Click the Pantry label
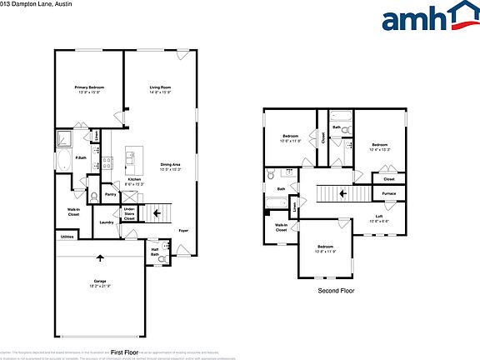click(x=110, y=194)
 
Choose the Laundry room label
click(x=106, y=222)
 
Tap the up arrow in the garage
click(x=100, y=257)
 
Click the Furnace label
click(x=389, y=193)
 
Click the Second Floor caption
click(x=337, y=290)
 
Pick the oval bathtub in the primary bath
click(x=65, y=161)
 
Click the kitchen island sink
click(x=130, y=156)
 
